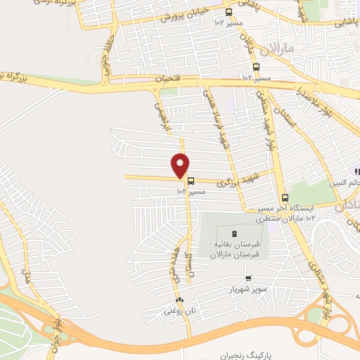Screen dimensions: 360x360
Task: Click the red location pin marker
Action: (181, 165)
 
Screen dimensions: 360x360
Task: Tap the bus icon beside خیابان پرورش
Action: (227, 12)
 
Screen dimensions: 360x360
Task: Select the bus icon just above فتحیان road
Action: (255, 67)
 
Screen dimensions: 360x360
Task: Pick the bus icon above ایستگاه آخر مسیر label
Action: (285, 198)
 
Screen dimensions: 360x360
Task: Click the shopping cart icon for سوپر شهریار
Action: (247, 278)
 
